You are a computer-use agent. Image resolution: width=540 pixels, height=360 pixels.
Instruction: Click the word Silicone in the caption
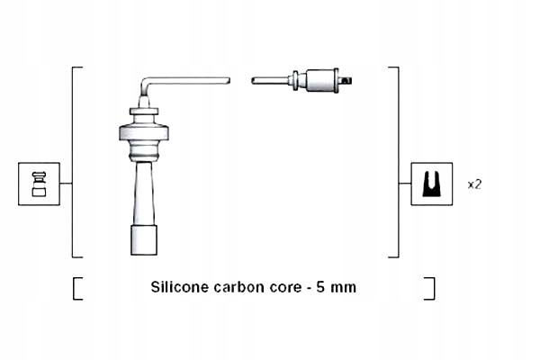[179, 288]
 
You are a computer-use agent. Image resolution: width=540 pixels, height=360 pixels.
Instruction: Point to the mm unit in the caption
[345, 288]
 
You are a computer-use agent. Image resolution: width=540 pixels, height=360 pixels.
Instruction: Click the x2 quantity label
[475, 184]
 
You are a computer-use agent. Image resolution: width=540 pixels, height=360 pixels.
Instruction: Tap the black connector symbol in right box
[432, 184]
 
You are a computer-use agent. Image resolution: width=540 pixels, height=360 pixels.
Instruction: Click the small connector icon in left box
[39, 184]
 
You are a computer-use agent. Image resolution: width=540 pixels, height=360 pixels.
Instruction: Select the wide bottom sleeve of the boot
[144, 241]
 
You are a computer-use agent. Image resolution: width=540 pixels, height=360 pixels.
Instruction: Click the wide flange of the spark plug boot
[144, 135]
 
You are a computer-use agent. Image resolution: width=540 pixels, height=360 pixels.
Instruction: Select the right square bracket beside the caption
[431, 288]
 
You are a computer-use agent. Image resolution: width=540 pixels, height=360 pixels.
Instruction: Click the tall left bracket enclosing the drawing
[74, 162]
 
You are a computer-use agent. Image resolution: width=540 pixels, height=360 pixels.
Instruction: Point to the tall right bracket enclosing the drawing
[396, 162]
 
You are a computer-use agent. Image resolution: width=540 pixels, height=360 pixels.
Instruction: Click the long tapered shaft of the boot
[144, 193]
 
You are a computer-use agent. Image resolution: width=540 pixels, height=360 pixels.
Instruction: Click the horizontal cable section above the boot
[189, 80]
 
